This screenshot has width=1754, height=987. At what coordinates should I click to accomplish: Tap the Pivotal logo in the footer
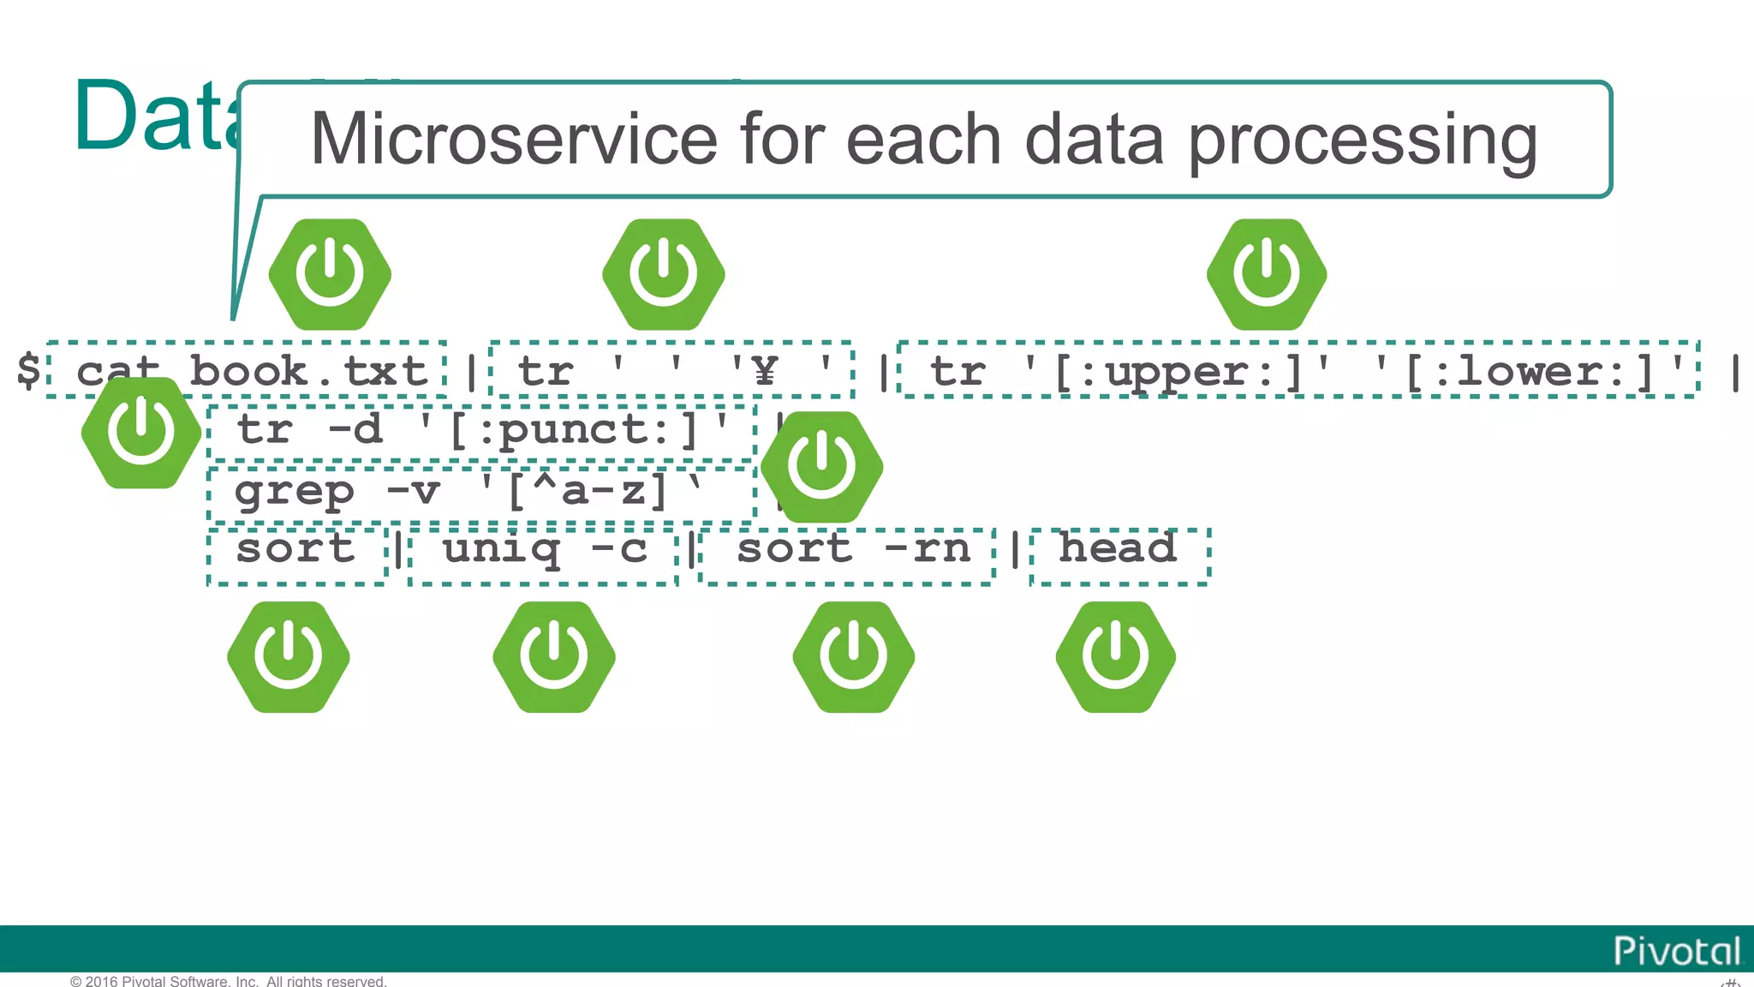tap(1676, 951)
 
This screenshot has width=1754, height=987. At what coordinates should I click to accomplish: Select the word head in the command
tap(1118, 548)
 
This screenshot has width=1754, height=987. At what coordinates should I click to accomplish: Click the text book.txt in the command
tap(308, 372)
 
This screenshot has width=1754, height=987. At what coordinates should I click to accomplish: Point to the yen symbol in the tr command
tap(765, 372)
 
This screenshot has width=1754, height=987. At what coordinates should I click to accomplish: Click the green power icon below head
tap(1115, 657)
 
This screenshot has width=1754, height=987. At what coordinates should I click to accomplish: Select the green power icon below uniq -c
tap(554, 657)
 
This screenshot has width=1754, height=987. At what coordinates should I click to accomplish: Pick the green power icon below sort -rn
tap(853, 657)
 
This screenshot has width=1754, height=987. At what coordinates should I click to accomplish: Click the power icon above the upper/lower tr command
tap(1267, 274)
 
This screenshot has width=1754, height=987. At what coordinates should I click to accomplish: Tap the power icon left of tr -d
tap(141, 433)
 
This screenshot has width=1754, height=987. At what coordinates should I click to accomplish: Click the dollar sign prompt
tap(28, 371)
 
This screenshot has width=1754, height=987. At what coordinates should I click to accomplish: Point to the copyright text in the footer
tap(229, 981)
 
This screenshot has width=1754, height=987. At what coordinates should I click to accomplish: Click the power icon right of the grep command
tap(821, 467)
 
